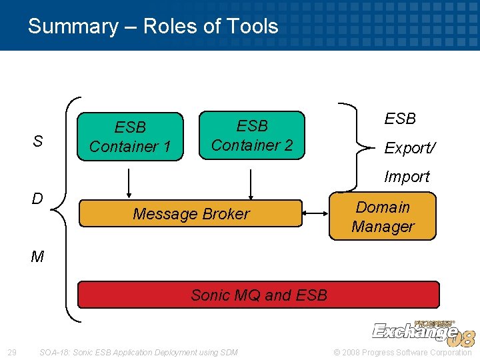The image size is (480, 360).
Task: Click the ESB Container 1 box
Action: point(131,137)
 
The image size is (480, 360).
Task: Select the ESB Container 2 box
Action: point(252,135)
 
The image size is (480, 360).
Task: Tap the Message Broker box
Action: point(191,213)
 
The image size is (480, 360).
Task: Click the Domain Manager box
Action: point(383,217)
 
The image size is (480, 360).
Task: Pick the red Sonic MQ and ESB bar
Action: point(259,295)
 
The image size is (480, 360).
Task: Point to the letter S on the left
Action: point(38,141)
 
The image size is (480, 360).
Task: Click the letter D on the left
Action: point(37,199)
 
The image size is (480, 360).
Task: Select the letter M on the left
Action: point(37,257)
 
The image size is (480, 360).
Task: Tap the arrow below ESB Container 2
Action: point(251,184)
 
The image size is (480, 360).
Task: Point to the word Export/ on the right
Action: point(409,148)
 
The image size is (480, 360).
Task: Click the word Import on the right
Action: point(407,177)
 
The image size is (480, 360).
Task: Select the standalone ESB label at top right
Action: point(400,119)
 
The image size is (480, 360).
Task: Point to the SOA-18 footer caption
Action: point(138,352)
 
